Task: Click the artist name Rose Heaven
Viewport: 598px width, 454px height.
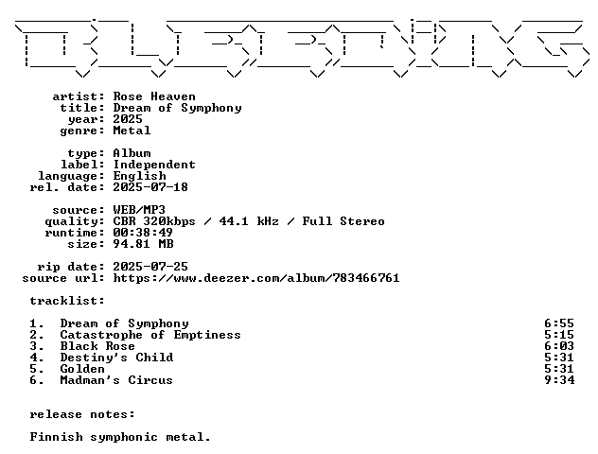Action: tap(154, 96)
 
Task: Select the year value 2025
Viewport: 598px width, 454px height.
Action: tap(128, 119)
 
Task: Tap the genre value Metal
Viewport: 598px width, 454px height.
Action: tap(132, 131)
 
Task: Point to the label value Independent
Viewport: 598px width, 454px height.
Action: tap(154, 165)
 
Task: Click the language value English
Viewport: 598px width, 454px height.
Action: tap(140, 176)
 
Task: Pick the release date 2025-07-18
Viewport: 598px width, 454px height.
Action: tap(150, 187)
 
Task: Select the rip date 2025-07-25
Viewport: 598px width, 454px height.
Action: tap(150, 267)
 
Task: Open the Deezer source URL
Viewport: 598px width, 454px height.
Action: tap(256, 278)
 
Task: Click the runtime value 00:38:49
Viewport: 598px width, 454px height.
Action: tap(143, 233)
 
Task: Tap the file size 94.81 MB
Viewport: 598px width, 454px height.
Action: tap(144, 244)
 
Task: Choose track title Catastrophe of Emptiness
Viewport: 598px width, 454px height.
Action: tap(150, 335)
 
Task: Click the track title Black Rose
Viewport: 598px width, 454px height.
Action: tap(97, 346)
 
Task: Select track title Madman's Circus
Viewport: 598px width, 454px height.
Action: tap(116, 380)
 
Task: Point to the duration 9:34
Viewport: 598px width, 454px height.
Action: tap(559, 380)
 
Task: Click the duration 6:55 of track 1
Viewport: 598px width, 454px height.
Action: tap(559, 323)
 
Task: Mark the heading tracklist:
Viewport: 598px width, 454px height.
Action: tap(67, 301)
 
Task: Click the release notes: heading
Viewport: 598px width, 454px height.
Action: tap(82, 414)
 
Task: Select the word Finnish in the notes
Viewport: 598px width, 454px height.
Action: tap(57, 437)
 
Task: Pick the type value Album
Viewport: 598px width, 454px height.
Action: tap(132, 153)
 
